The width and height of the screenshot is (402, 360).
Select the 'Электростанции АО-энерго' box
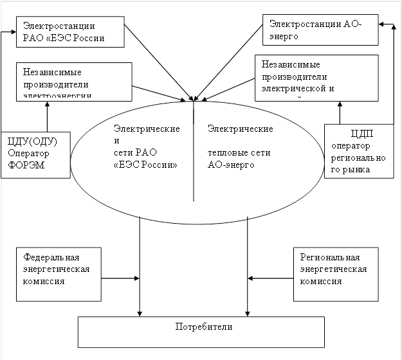tap(320, 30)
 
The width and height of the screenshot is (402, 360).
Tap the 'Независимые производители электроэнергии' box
tap(76, 80)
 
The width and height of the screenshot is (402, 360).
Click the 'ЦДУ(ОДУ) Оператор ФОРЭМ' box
tap(35, 154)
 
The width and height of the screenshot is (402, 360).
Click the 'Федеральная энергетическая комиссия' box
tap(59, 273)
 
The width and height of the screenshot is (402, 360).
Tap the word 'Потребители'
tap(203, 327)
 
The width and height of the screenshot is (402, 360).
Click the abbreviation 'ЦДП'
tap(363, 134)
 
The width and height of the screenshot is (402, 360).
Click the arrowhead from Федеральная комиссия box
tap(137, 278)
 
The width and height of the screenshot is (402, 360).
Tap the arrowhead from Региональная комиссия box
tap(251, 278)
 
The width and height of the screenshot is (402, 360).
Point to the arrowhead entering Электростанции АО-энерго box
tap(381, 24)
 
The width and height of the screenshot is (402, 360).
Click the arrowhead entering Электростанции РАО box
tap(15, 31)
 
